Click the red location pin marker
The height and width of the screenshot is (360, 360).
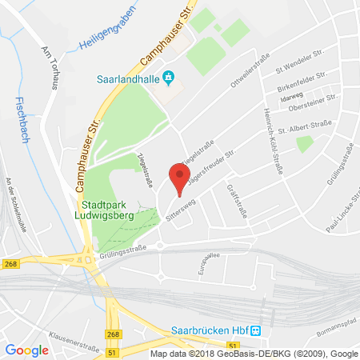[178, 178]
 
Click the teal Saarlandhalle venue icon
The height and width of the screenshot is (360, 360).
[168, 77]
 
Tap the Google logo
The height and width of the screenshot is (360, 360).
[26, 350]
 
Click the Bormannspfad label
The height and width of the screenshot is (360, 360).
[337, 329]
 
